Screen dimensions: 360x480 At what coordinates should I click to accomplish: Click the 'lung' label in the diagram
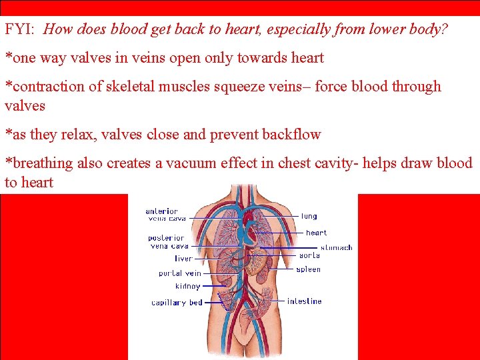coord(309,216)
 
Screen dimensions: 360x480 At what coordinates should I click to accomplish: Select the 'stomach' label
coord(336,247)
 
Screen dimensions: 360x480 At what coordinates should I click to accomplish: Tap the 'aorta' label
coord(309,255)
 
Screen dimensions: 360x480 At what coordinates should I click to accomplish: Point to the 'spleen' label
coord(309,269)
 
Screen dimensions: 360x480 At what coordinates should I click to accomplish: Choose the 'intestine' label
coord(304,301)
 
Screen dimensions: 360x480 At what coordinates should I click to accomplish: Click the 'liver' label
coord(183,258)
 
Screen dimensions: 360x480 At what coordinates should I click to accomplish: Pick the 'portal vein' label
coord(179,273)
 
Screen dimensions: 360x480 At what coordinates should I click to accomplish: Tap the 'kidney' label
coord(187,286)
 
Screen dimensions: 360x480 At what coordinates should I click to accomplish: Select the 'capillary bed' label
coord(177,303)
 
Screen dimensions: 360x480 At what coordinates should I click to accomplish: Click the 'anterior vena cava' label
coord(166,215)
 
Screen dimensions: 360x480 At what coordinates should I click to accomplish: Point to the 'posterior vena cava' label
coord(167,242)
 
